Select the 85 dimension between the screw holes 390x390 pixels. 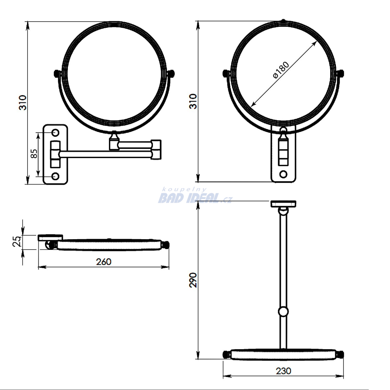34,153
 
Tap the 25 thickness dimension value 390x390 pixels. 17,241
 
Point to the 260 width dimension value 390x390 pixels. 104,262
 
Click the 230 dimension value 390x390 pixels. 283,371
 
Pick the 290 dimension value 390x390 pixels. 193,280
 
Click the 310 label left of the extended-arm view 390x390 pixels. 22,102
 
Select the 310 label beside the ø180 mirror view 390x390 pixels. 193,101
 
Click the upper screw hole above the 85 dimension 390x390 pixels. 56,133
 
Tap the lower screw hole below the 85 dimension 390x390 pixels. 56,176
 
